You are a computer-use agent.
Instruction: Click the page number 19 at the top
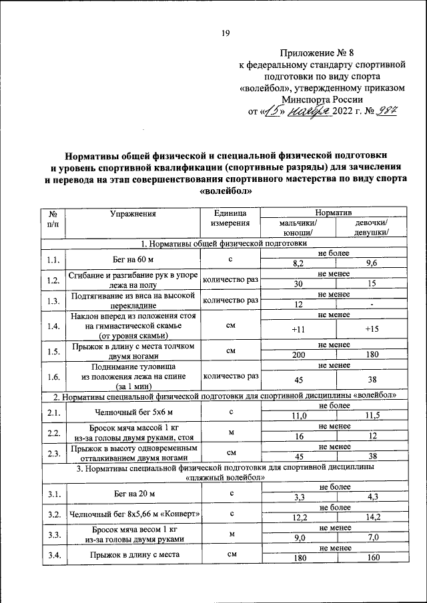click(226, 35)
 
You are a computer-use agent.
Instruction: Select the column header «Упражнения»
click(133, 214)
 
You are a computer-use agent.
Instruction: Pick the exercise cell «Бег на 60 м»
click(133, 259)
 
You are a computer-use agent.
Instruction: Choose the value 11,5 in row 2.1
click(372, 415)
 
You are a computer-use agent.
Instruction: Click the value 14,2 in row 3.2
click(372, 517)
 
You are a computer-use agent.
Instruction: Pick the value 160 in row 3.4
click(372, 558)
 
